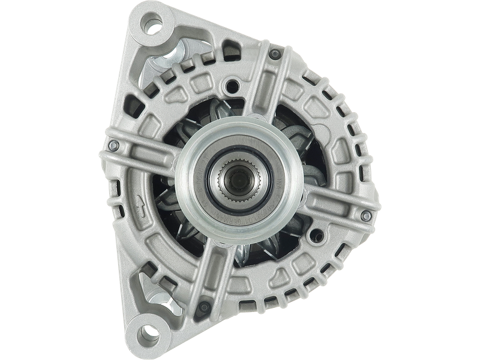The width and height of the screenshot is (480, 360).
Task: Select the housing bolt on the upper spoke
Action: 274,55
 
